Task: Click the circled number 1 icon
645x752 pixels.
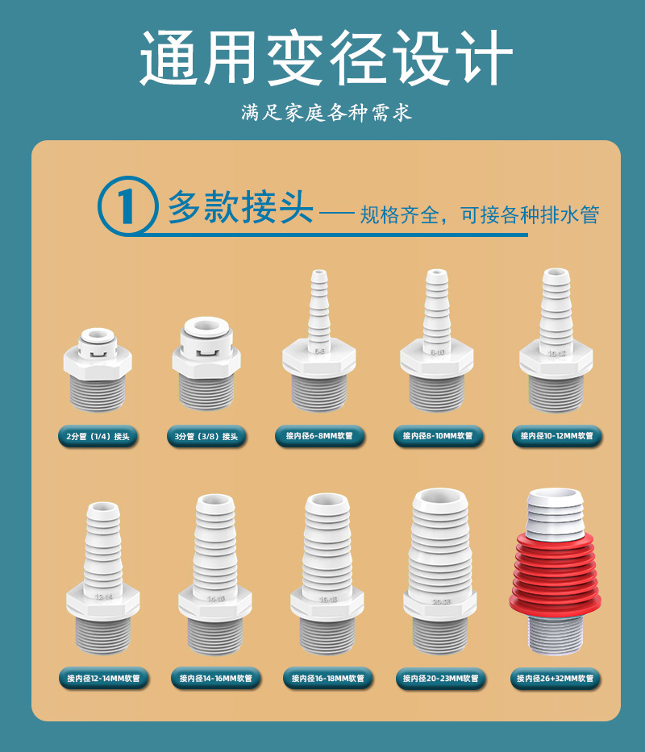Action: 126,206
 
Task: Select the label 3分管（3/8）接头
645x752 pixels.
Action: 206,437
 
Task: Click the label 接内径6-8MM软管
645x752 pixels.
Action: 319,437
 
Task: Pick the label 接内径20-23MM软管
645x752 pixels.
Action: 440,679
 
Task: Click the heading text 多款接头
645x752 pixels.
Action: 240,207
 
